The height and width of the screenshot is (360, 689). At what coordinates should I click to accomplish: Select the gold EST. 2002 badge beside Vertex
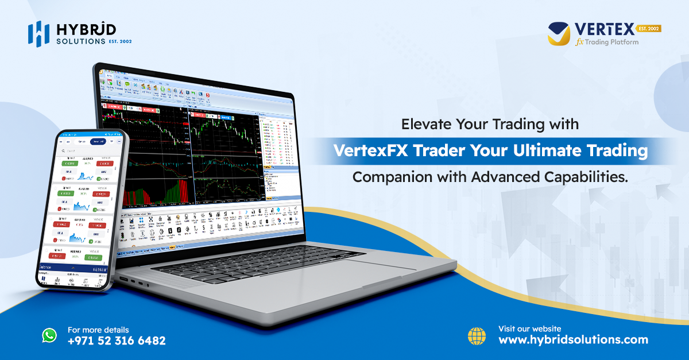pyautogui.click(x=648, y=28)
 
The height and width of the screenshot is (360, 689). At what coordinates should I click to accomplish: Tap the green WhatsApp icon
pyautogui.click(x=50, y=335)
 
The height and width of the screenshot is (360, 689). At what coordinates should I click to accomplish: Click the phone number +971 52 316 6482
pyautogui.click(x=117, y=340)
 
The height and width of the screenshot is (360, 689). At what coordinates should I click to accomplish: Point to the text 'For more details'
pyautogui.click(x=98, y=330)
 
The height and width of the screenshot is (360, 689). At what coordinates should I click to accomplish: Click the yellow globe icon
pyautogui.click(x=477, y=335)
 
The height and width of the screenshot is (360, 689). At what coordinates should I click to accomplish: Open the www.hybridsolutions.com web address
pyautogui.click(x=573, y=340)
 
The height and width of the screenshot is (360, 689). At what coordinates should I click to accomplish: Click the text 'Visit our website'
pyautogui.click(x=529, y=329)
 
